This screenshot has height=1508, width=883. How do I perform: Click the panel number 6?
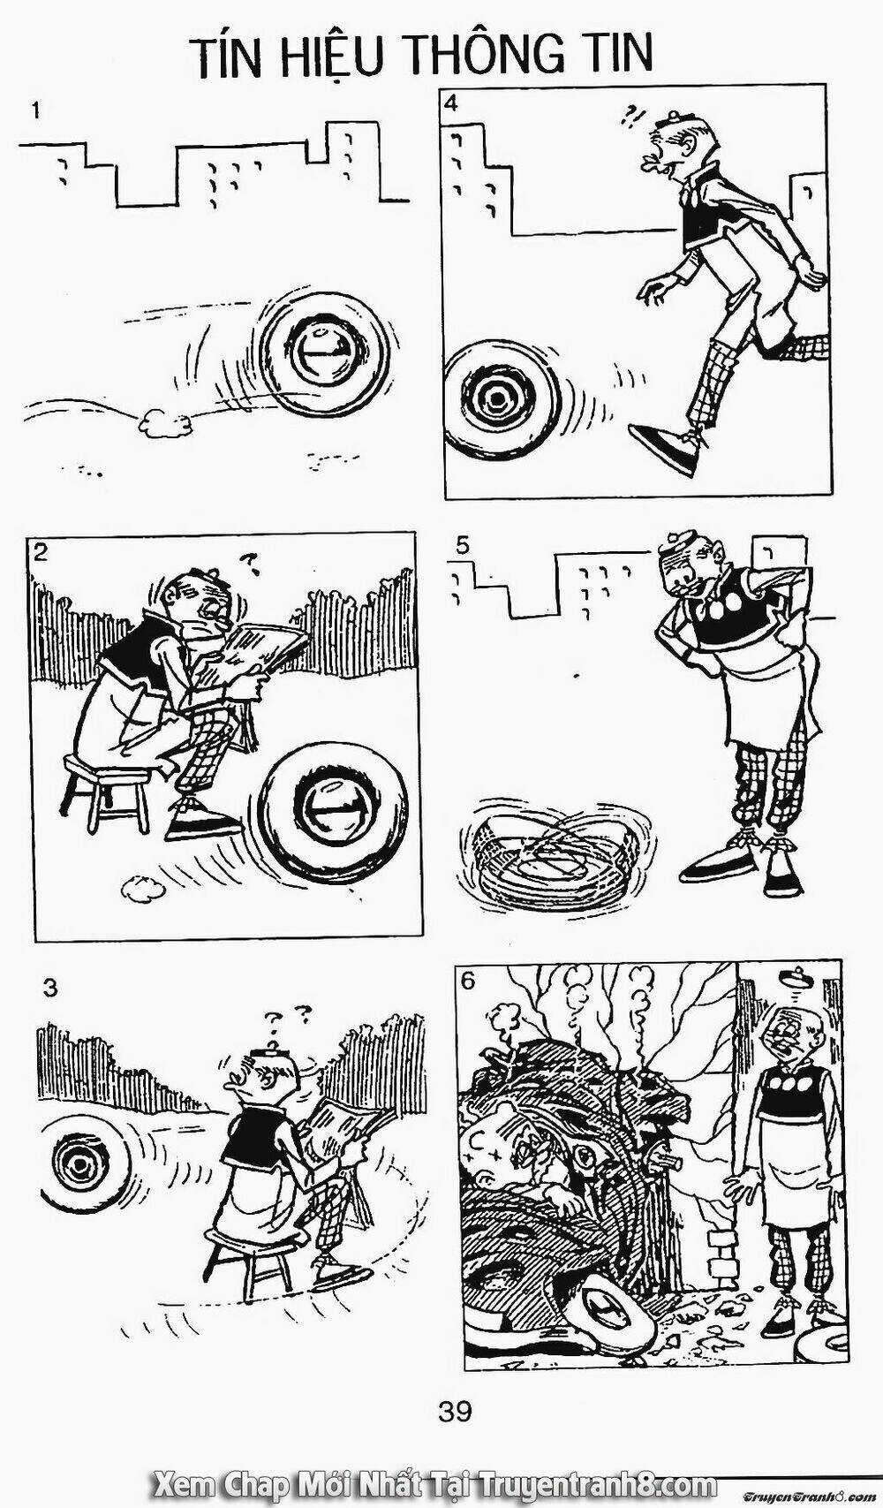(x=468, y=981)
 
